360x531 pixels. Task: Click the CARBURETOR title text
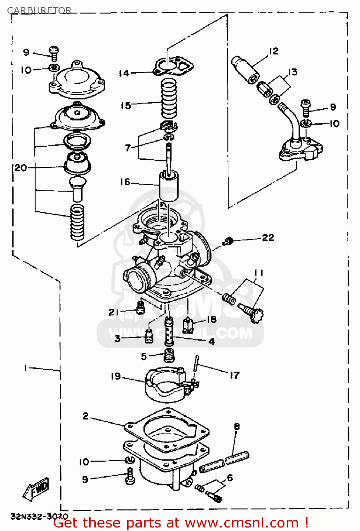[x=39, y=11]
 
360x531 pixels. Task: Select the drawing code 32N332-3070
[x=39, y=516]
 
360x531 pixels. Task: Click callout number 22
[x=268, y=238]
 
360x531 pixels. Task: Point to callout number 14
[x=124, y=73]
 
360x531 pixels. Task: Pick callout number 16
[x=125, y=182]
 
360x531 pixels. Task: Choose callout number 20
[x=21, y=167]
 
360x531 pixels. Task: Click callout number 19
[x=116, y=376]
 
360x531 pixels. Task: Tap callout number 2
[x=85, y=416]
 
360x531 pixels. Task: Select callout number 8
[x=237, y=426]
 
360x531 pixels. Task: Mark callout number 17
[x=234, y=375]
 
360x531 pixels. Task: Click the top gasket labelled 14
[x=174, y=66]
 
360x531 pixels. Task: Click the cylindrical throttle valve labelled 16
[x=168, y=186]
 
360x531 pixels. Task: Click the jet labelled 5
[x=169, y=355]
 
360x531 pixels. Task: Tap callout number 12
[x=274, y=51]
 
